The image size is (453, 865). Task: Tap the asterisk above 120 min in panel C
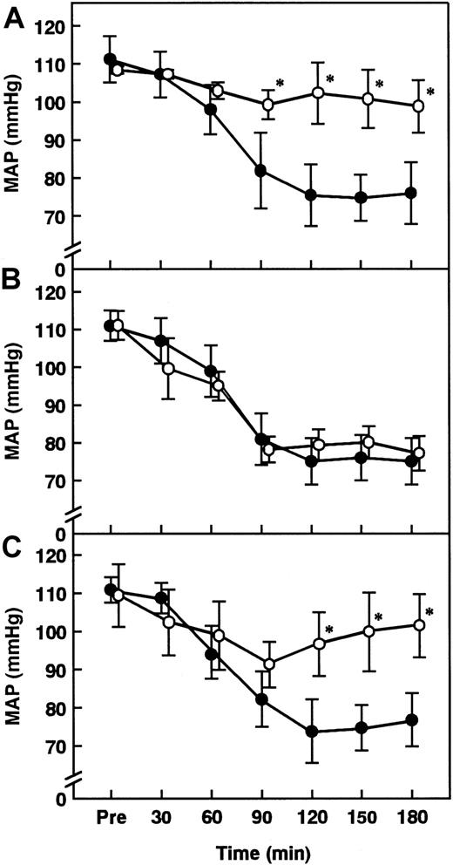point(329,630)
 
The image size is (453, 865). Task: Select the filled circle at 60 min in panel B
point(210,371)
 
